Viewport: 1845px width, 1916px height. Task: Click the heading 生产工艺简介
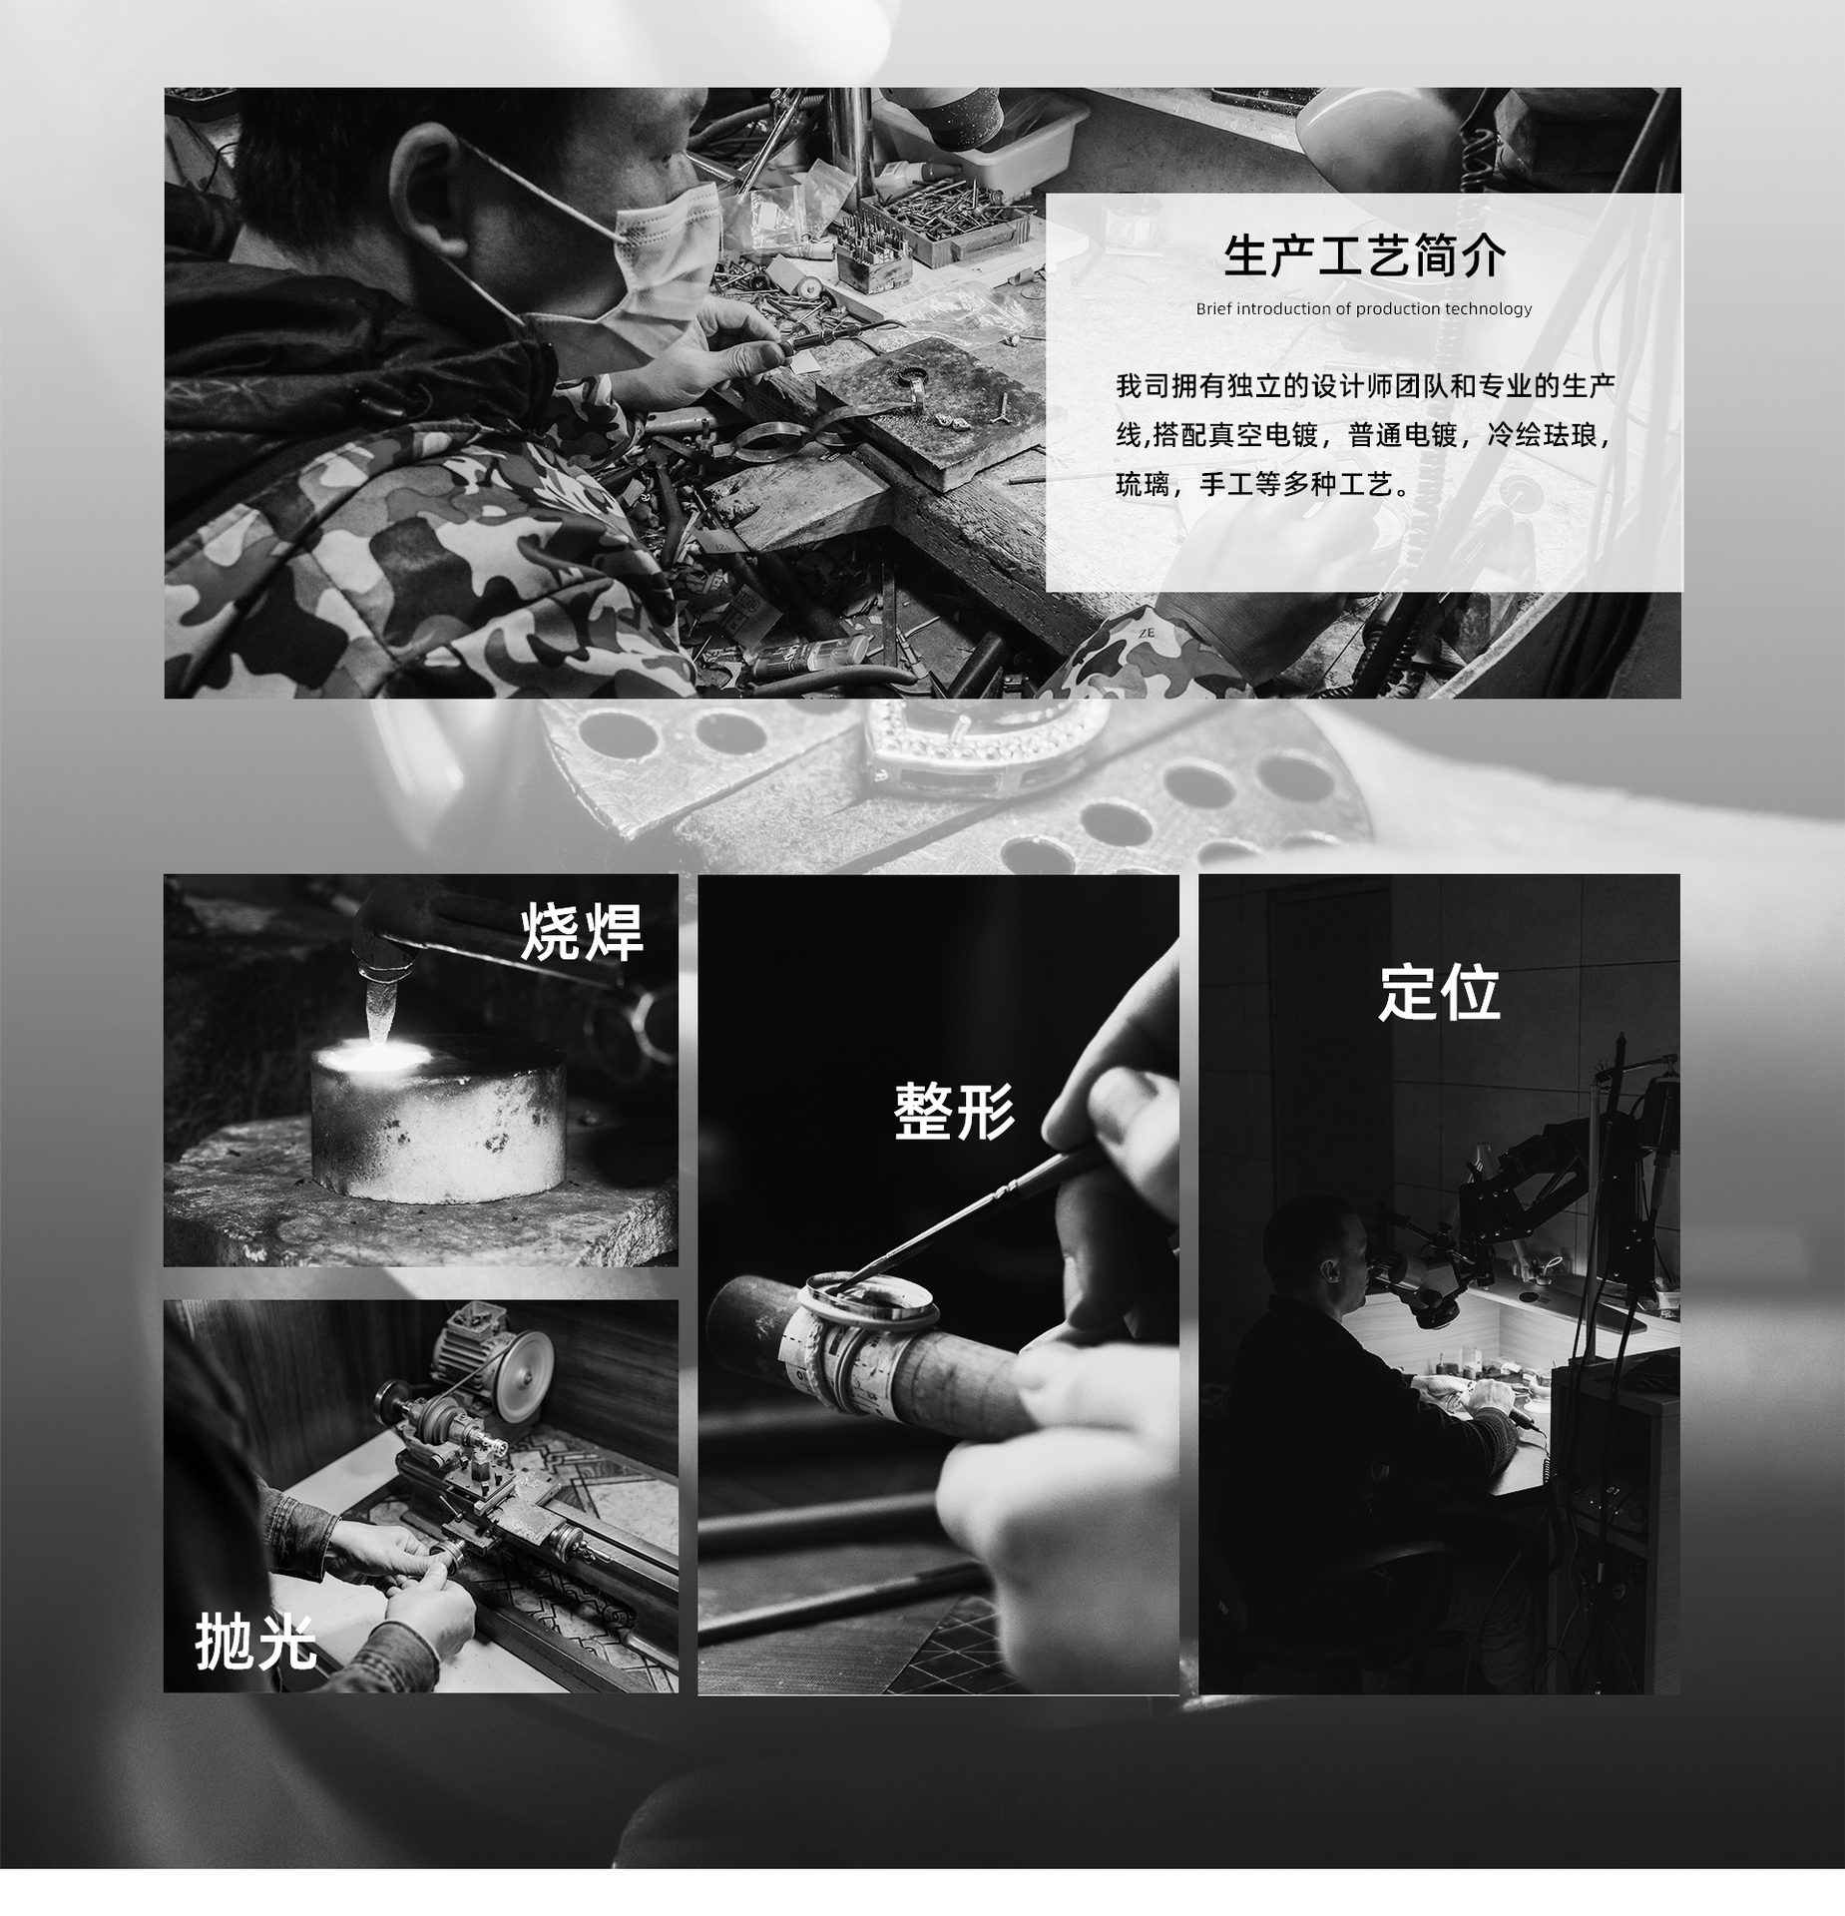(1364, 256)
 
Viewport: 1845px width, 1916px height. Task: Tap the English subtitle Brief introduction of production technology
(1364, 309)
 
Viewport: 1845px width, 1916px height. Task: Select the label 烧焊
(582, 932)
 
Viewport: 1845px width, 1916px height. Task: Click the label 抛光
(256, 1642)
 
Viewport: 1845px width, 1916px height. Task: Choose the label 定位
(1439, 992)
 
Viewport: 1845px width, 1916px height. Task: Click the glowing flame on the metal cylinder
(371, 1054)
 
